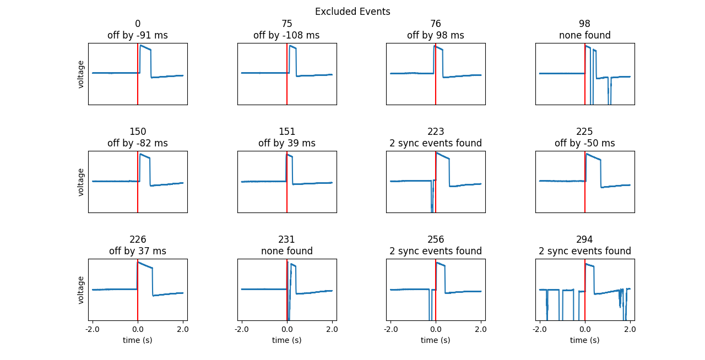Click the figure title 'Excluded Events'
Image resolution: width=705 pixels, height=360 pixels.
pyautogui.click(x=352, y=12)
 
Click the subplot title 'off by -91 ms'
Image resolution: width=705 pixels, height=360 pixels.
pyautogui.click(x=138, y=35)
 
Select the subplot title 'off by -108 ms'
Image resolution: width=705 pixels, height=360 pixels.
pyautogui.click(x=286, y=35)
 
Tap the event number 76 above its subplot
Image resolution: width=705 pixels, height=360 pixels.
pyautogui.click(x=436, y=24)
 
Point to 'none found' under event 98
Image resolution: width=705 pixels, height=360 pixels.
pyautogui.click(x=584, y=35)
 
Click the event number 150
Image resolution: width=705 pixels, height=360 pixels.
pyautogui.click(x=138, y=132)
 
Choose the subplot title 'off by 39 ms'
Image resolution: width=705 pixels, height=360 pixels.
pyautogui.click(x=286, y=143)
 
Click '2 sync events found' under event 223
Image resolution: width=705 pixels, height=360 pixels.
pyautogui.click(x=436, y=143)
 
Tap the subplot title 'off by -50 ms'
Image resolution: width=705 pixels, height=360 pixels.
pyautogui.click(x=584, y=143)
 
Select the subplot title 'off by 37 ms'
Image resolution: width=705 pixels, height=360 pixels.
pyautogui.click(x=138, y=251)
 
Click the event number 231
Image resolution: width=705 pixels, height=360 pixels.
pyautogui.click(x=286, y=239)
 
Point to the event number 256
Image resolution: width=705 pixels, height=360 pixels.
pyautogui.click(x=436, y=239)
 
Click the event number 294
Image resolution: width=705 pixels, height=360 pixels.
pyautogui.click(x=584, y=239)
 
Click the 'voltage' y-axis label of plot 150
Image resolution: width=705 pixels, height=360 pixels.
pyautogui.click(x=81, y=182)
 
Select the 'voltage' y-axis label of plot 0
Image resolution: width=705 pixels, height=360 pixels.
pyautogui.click(x=81, y=74)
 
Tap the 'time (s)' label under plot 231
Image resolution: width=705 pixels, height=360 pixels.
pyautogui.click(x=286, y=340)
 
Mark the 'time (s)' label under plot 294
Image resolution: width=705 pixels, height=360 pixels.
pyautogui.click(x=584, y=340)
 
